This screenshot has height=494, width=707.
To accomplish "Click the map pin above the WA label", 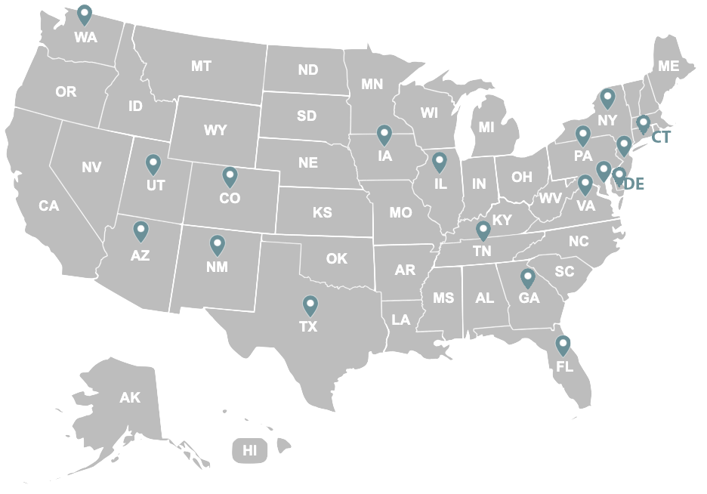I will point(85,14).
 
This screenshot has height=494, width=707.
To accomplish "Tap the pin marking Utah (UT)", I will point(153,164).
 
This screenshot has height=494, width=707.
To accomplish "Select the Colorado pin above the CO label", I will point(230,177).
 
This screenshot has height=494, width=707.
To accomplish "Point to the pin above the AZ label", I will point(140,231).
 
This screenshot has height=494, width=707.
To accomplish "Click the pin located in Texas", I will point(310,305).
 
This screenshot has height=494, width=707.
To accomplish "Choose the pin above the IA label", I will point(384,135).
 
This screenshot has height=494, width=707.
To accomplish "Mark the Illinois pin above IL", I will point(440,162).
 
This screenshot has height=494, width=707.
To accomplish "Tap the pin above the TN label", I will point(483,230).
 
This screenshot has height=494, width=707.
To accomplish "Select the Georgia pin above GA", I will point(527,278).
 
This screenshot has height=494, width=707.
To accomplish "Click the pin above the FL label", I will point(563,346).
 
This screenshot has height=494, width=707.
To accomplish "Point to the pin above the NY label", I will point(607,98).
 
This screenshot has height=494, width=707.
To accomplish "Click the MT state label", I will point(201,66).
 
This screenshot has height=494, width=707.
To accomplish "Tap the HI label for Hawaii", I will point(250,452).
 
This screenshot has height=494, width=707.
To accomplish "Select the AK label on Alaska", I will point(130,397).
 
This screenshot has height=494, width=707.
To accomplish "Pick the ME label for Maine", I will point(668,66).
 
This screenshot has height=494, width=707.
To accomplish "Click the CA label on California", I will point(49,205).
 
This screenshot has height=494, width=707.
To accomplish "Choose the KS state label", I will point(323,213).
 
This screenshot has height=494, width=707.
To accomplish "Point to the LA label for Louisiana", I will point(401,320).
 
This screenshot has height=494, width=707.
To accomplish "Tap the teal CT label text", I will point(660,138).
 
